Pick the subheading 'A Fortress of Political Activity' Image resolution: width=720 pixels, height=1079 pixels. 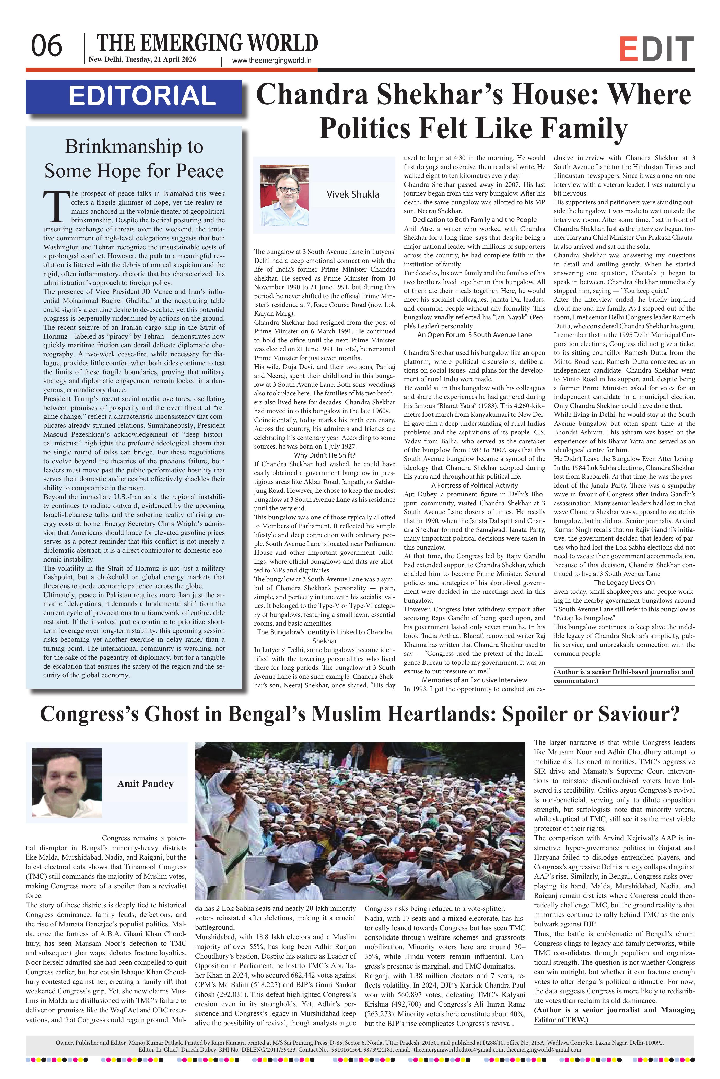tap(474, 485)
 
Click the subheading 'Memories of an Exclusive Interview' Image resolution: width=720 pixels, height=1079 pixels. tap(474, 680)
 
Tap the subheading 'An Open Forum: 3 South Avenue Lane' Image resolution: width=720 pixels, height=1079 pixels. tap(474, 335)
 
